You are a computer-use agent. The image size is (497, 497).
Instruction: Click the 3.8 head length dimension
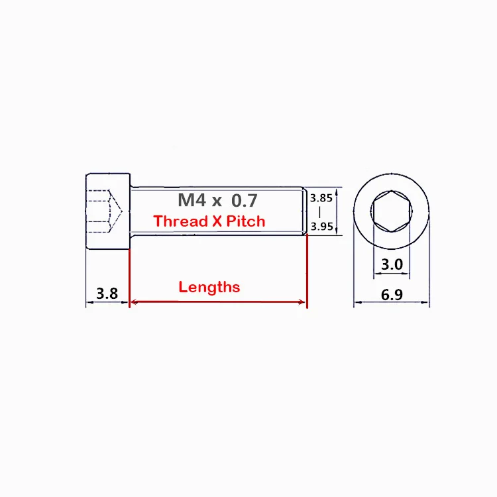coord(107,293)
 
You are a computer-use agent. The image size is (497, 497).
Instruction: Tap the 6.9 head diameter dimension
coord(392,294)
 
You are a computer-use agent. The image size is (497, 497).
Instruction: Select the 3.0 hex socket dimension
coord(392,264)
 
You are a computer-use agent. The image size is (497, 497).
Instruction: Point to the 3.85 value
coord(321,197)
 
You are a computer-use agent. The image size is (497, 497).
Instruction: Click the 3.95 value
coord(321,226)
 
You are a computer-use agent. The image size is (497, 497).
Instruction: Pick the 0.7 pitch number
coord(243,199)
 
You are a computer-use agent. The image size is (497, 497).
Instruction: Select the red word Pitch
coord(246,221)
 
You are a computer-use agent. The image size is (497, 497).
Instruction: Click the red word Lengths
coord(209,287)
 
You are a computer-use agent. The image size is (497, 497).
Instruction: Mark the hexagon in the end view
coord(392,212)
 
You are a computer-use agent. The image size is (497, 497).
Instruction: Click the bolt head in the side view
coord(107,211)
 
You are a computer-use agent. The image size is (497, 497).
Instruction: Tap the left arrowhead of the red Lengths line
coord(133,302)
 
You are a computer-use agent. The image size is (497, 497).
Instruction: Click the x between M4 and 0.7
coord(217,200)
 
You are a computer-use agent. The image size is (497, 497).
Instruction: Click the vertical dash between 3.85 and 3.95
coord(321,212)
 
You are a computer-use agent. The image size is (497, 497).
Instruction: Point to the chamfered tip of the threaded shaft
coord(304,211)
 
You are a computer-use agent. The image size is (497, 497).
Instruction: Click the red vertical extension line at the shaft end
coord(307,272)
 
